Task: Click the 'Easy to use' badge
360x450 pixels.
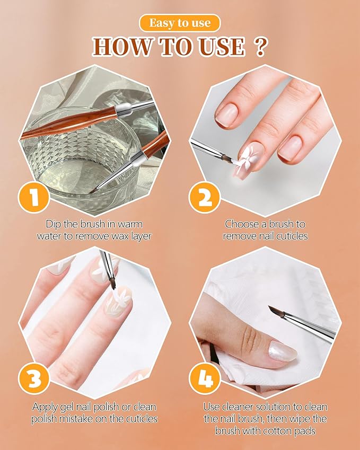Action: click(180, 23)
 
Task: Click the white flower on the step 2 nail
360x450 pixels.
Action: click(250, 157)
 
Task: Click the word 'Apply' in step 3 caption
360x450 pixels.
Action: click(45, 407)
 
